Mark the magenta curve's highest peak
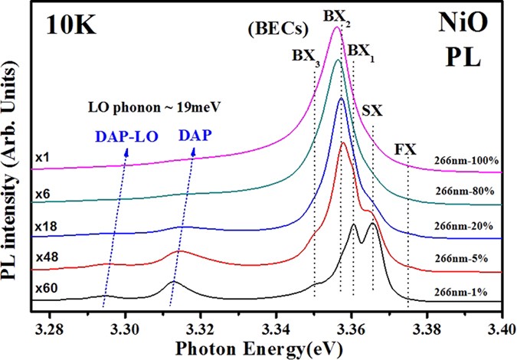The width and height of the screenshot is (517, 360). tap(335, 28)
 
